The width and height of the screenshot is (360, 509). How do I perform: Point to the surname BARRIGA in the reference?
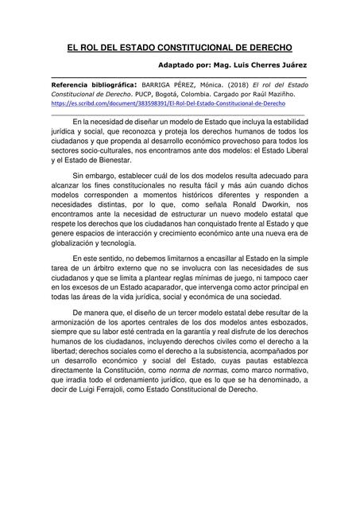157,83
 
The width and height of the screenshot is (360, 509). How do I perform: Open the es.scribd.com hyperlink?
175,103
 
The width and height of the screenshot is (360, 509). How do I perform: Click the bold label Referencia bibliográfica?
91,83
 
